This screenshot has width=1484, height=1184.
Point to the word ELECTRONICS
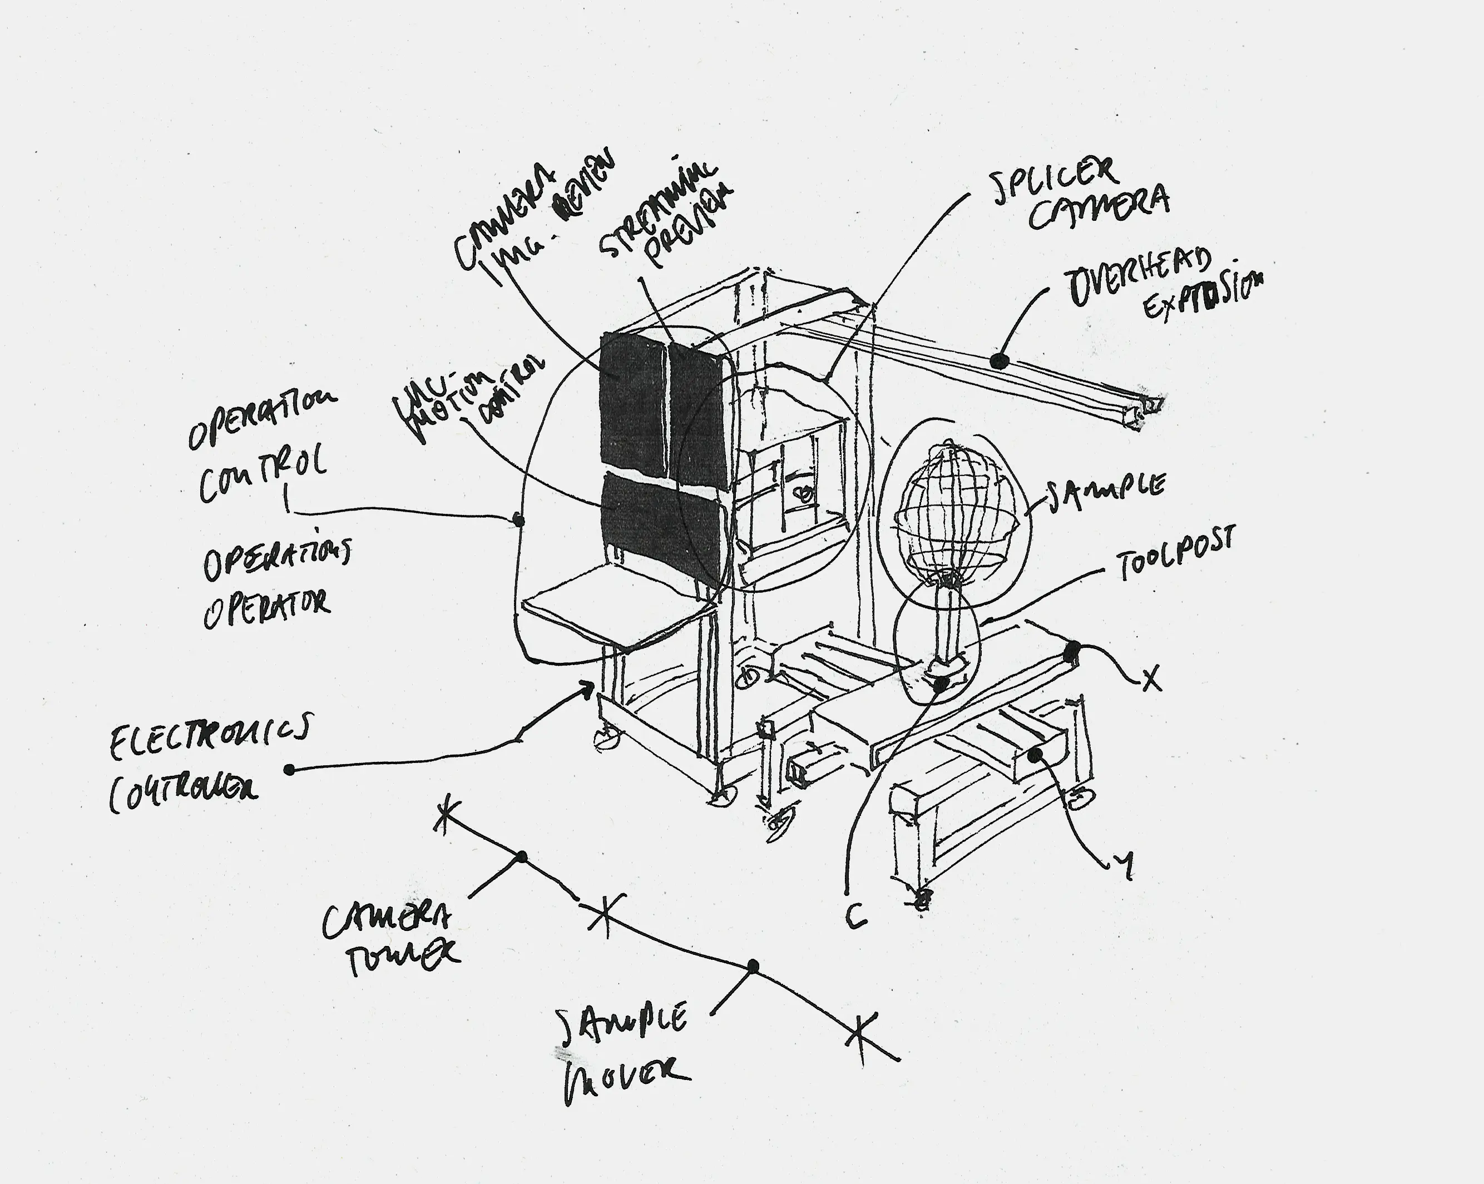210,736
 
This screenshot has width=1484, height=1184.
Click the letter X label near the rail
1151,678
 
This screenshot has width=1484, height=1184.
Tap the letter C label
855,915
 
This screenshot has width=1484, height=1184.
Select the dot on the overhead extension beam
1000,360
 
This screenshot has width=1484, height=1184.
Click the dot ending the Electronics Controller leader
290,770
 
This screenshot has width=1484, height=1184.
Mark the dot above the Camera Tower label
522,857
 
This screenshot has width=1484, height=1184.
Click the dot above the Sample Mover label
753,967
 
